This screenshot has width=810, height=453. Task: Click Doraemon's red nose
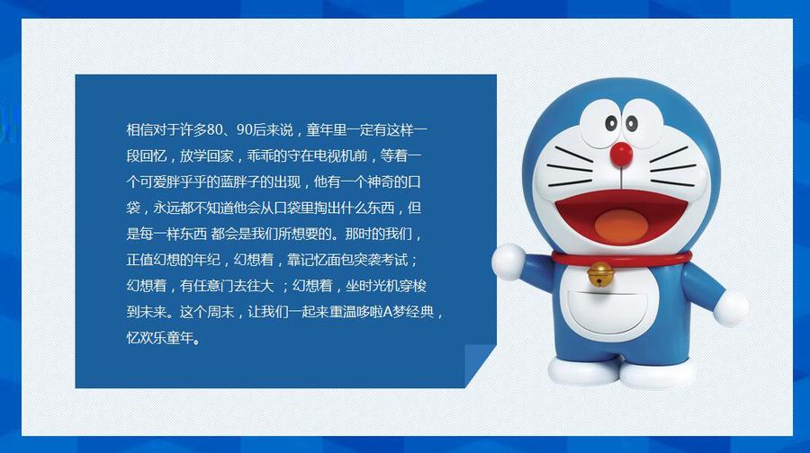[621, 154]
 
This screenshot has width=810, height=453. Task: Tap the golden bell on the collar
[599, 273]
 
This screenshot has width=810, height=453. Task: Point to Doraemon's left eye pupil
[611, 123]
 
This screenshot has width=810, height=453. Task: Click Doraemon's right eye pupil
[631, 123]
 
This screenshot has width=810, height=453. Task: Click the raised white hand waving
[508, 262]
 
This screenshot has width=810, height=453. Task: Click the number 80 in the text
[214, 129]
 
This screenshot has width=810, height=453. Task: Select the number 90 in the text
[244, 129]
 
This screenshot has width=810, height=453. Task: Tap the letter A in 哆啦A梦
[389, 312]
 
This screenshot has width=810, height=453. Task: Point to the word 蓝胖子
[239, 182]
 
